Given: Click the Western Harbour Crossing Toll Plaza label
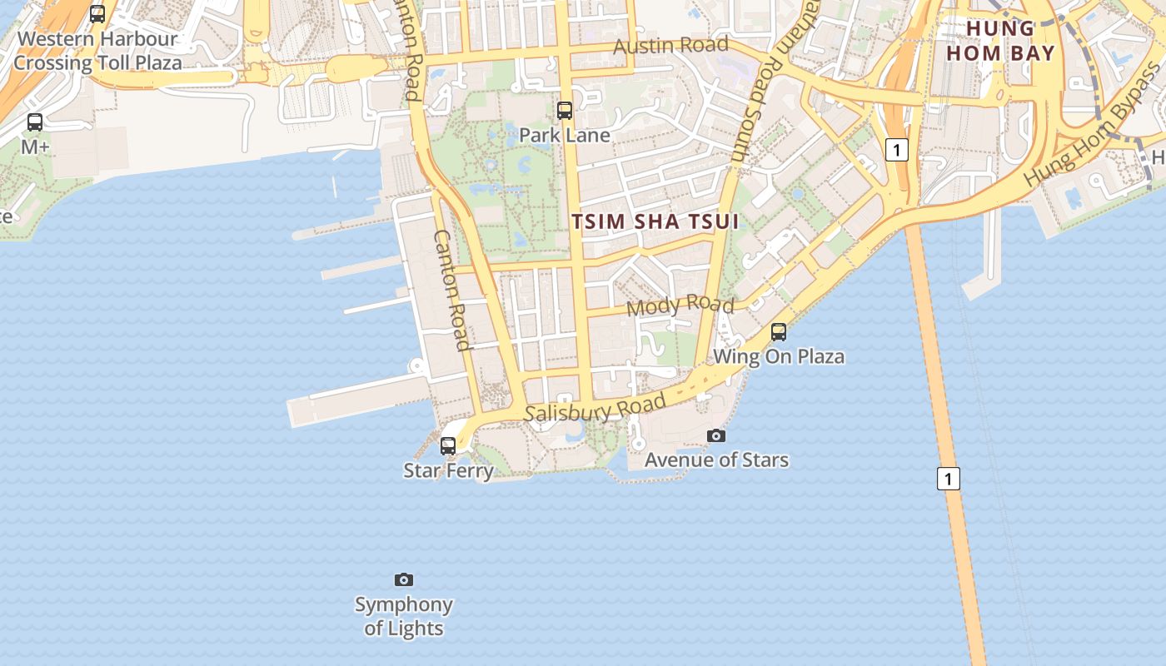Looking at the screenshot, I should click(97, 51).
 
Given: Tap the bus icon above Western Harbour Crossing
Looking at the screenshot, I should click(97, 14).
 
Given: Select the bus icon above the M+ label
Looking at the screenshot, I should click(35, 122).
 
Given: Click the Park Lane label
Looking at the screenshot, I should click(565, 135).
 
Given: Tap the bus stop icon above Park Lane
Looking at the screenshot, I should click(565, 110).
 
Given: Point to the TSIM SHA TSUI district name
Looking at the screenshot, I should click(655, 221).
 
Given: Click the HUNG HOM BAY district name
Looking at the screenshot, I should click(1011, 41).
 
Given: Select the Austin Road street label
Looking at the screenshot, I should click(670, 45).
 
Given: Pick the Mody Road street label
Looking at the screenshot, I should click(680, 305).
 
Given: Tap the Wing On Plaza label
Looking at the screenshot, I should click(779, 356).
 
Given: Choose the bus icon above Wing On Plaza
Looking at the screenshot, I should click(779, 332).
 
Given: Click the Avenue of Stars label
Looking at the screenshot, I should click(716, 460).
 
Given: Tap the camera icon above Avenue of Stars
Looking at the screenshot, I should click(715, 435).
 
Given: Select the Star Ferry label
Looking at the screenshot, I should click(449, 470).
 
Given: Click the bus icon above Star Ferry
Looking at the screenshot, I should click(448, 446).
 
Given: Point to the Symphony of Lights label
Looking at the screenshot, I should click(404, 616).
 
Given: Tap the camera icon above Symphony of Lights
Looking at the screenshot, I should click(404, 579).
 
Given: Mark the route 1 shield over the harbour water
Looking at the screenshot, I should click(948, 479).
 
